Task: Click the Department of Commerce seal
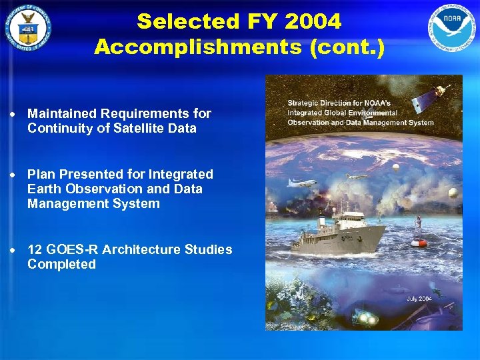28,28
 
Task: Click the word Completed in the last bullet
61,264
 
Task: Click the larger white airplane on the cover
301,183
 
